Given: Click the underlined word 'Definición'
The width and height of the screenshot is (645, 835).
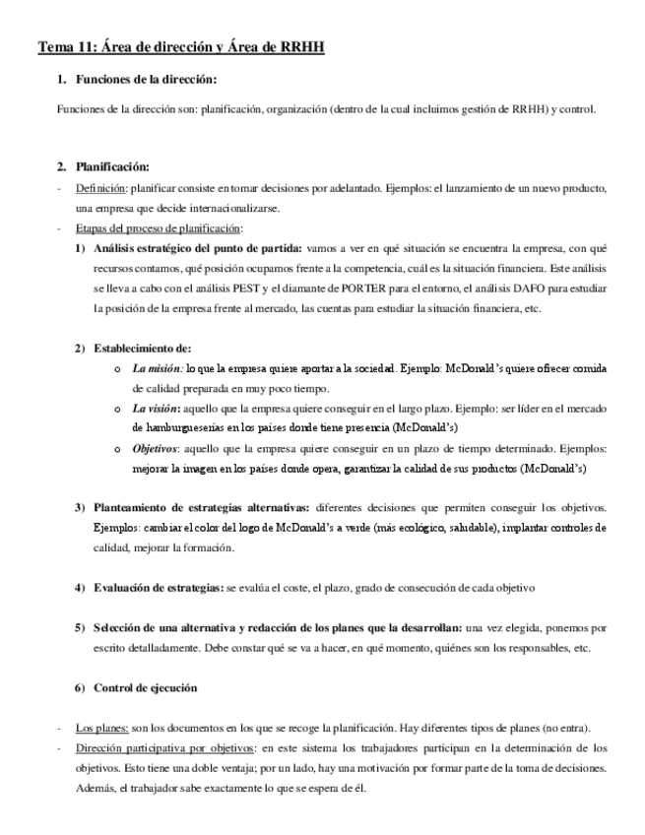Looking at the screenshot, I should (x=98, y=188).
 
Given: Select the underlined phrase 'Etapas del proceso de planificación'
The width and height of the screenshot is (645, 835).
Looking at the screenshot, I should (x=159, y=228).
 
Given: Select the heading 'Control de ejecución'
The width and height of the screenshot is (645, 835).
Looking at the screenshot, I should (x=146, y=687).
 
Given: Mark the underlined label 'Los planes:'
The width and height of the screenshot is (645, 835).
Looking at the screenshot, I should (x=102, y=728).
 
